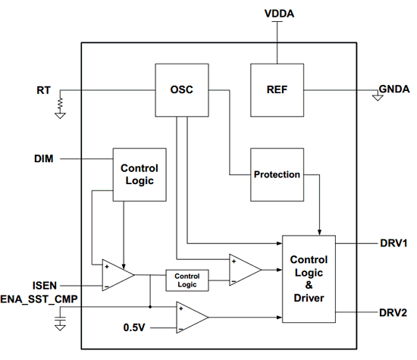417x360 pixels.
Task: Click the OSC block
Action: pyautogui.click(x=182, y=90)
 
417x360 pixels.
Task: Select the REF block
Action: pyautogui.click(x=277, y=90)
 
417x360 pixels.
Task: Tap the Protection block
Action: pyautogui.click(x=277, y=174)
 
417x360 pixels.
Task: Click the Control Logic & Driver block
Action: pyautogui.click(x=309, y=279)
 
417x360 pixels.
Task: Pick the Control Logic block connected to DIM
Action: pyautogui.click(x=140, y=174)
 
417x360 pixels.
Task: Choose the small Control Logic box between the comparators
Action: pyautogui.click(x=187, y=280)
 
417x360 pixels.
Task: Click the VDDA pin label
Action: pyautogui.click(x=279, y=14)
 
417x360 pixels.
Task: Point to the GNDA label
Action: pyautogui.click(x=394, y=89)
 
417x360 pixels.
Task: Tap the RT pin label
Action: pyautogui.click(x=43, y=90)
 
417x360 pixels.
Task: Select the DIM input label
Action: pyautogui.click(x=44, y=158)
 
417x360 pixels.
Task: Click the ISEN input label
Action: pyautogui.click(x=45, y=286)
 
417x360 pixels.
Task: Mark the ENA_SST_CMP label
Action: pyautogui.click(x=39, y=299)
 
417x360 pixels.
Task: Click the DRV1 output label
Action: pyautogui.click(x=393, y=243)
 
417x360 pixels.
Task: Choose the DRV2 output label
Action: pyautogui.click(x=393, y=313)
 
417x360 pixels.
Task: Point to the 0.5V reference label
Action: pyautogui.click(x=134, y=327)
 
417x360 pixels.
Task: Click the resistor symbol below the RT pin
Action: pyautogui.click(x=61, y=104)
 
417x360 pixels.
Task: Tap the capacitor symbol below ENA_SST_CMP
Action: pyautogui.click(x=61, y=319)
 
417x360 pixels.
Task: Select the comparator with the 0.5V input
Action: pyautogui.click(x=192, y=318)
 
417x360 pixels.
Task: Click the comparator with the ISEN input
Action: pyautogui.click(x=118, y=275)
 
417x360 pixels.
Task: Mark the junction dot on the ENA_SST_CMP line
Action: pyautogui.click(x=150, y=307)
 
